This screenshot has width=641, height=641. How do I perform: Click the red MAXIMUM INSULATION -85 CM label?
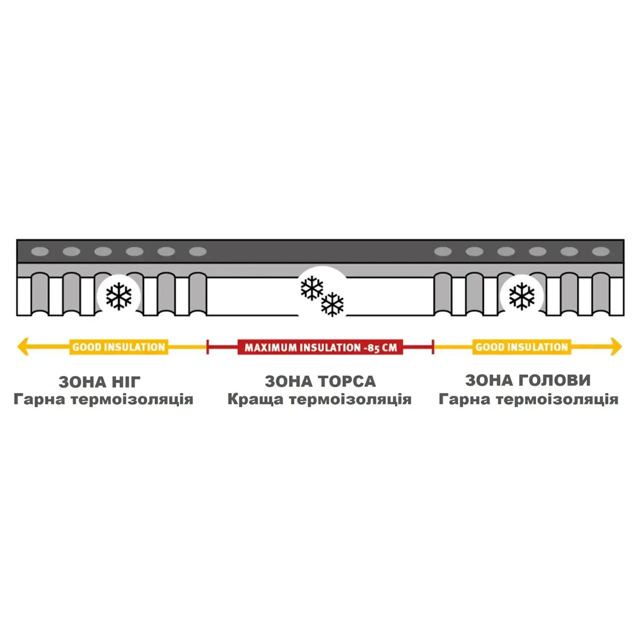coord(320,347)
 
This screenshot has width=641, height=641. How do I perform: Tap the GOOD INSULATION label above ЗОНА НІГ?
coord(119,347)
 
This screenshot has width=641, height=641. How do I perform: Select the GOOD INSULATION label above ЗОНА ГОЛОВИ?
coord(522,347)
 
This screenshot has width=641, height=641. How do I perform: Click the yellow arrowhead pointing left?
coord(23,346)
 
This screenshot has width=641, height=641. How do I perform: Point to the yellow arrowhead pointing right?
coord(616,346)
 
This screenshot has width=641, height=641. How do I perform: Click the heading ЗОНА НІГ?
coord(100,382)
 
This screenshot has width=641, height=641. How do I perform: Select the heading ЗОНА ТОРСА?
coord(320,381)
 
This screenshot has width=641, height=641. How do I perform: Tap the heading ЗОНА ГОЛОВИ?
coord(528,380)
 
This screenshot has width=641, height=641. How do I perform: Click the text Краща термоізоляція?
coord(319,399)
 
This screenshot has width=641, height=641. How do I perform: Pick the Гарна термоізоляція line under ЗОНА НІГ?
coord(103,399)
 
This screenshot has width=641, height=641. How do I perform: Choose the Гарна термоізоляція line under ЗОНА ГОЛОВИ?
coord(528,399)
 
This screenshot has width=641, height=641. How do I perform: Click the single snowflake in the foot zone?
coord(119,296)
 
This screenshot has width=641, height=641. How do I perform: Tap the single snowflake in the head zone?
coord(522,296)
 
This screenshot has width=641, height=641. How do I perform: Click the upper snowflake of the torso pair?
coord(312,288)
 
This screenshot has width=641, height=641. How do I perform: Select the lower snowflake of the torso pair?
coord(332,304)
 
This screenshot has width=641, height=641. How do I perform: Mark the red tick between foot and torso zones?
coord(207,347)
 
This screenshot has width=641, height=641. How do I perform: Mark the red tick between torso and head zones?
coord(433,347)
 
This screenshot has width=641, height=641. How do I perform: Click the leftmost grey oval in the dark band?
coord(40,251)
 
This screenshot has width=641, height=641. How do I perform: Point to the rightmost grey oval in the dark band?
coord(601,251)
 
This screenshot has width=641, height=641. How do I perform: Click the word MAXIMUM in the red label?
coord(270,348)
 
